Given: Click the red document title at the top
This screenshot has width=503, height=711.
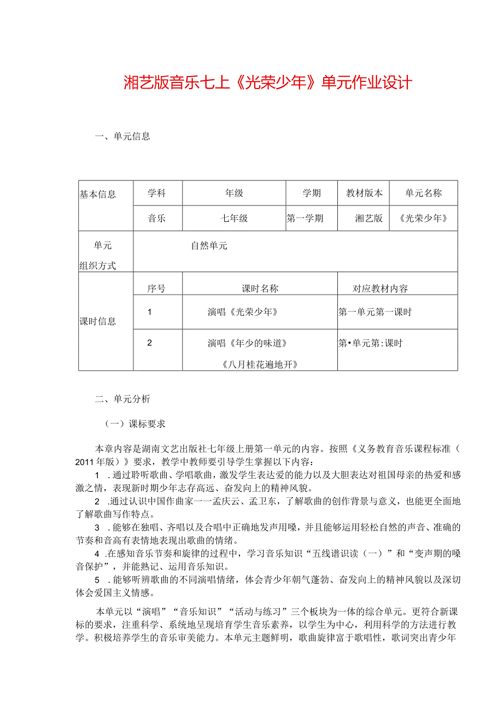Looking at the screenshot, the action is coord(268,83).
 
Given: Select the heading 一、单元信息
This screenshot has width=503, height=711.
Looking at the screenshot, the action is coord(122,137).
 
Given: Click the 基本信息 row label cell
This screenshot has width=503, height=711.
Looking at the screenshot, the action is coord(98,195).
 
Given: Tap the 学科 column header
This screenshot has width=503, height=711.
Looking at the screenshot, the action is coord(157,193).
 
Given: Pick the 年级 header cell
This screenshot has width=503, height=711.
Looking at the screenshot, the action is coord(234,193).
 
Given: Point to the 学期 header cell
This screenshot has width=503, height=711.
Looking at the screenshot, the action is coord(312,193).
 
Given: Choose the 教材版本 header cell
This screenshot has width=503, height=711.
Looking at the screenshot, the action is coord(364,193).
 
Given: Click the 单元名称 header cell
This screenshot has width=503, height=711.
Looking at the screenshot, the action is coord(423,193).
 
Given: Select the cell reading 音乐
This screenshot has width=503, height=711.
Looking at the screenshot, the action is coord(157,219).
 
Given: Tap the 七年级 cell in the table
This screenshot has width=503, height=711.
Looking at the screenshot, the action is coord(234,219).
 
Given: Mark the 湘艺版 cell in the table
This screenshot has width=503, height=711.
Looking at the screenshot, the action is coord(369,219).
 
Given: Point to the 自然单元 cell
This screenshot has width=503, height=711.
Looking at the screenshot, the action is coord(209,246).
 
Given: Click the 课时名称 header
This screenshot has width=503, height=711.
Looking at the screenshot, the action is coord(260,289).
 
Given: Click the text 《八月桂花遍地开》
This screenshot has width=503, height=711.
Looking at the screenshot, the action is coord(260,363).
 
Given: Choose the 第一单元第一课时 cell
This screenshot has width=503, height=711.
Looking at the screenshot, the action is coord(375,312).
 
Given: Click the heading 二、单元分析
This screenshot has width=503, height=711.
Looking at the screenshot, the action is coord(122,399).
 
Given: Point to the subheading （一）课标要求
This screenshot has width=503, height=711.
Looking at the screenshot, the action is coord(134,424).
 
